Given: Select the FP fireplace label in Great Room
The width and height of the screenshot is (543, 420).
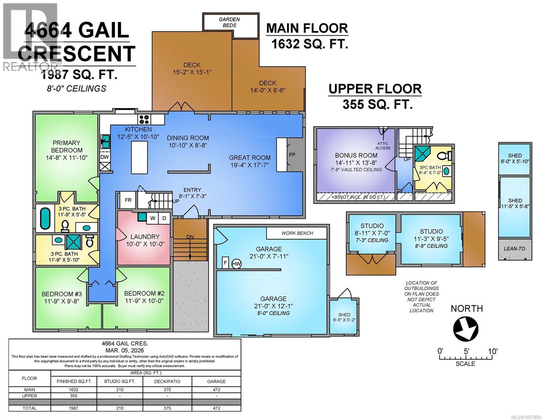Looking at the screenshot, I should [292, 155].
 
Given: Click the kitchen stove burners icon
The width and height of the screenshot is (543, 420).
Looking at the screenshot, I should [144, 119].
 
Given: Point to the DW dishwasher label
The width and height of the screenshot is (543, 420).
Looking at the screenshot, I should [105, 157].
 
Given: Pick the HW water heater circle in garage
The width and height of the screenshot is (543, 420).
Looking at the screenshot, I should [236, 264].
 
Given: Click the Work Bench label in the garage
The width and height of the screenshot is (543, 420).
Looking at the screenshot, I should [297, 233].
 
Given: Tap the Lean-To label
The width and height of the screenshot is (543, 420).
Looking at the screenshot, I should [514, 249].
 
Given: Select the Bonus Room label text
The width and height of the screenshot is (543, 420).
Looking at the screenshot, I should [356, 155].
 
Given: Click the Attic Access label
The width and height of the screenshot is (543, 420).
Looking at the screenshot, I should [383, 146].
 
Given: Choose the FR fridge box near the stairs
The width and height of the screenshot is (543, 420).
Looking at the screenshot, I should [128, 200].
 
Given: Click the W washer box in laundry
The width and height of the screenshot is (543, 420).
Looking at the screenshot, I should [153, 218].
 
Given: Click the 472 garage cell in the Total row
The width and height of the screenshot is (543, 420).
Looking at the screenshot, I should [216, 408].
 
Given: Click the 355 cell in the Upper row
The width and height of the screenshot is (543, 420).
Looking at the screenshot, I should [73, 396].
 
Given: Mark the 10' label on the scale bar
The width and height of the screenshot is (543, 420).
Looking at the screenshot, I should [493, 351].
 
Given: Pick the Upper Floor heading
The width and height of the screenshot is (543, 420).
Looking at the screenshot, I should [375, 89].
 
